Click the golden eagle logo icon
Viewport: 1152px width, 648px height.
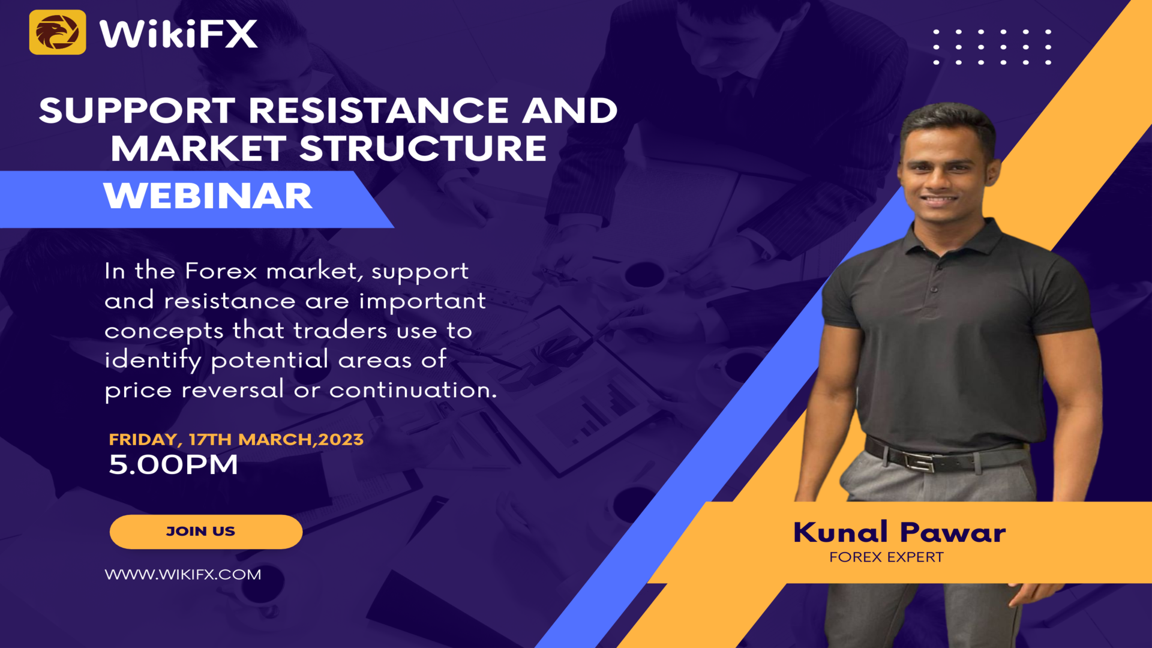tap(58, 32)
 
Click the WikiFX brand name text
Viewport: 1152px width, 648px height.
tap(178, 34)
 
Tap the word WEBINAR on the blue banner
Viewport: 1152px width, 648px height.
tap(208, 196)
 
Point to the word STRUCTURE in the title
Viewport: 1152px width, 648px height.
tap(423, 148)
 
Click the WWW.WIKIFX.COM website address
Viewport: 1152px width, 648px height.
tap(183, 574)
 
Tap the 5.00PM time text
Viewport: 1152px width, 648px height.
tap(173, 465)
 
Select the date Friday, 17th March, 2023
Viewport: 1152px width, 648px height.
tap(236, 439)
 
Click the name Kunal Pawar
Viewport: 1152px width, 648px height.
tap(899, 532)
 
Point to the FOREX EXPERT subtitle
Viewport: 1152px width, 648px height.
tap(886, 557)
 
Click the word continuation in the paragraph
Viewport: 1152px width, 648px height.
tap(413, 390)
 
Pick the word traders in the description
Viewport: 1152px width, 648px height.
tap(340, 331)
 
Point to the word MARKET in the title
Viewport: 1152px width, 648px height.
tap(199, 148)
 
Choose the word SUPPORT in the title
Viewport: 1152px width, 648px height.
tap(137, 110)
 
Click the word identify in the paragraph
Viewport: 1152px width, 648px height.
tap(152, 361)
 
